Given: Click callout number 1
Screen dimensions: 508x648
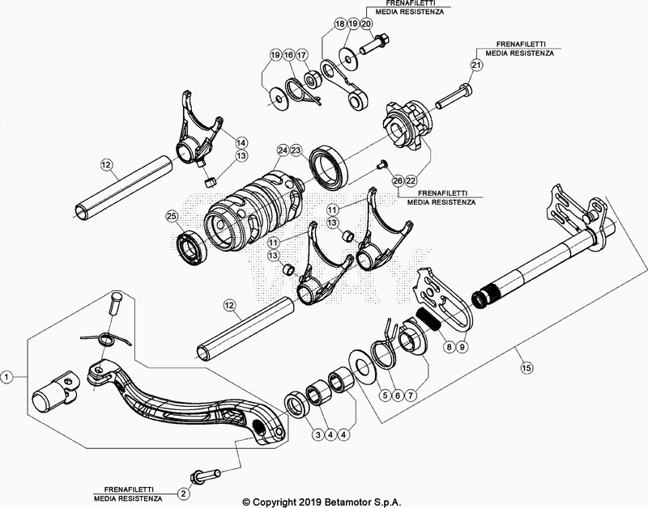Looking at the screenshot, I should pyautogui.click(x=6, y=376).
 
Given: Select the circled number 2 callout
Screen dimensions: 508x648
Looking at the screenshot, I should pyautogui.click(x=184, y=493).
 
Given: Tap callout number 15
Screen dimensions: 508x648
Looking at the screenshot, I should pyautogui.click(x=527, y=368).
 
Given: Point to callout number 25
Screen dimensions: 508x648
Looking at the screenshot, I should pyautogui.click(x=171, y=216).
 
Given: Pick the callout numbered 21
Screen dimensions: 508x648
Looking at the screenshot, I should pyautogui.click(x=476, y=66).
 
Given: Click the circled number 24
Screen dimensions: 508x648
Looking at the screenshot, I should pyautogui.click(x=282, y=150).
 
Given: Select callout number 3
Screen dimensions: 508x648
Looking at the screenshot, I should pyautogui.click(x=318, y=434).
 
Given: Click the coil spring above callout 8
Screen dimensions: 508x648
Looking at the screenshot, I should pyautogui.click(x=428, y=317).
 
